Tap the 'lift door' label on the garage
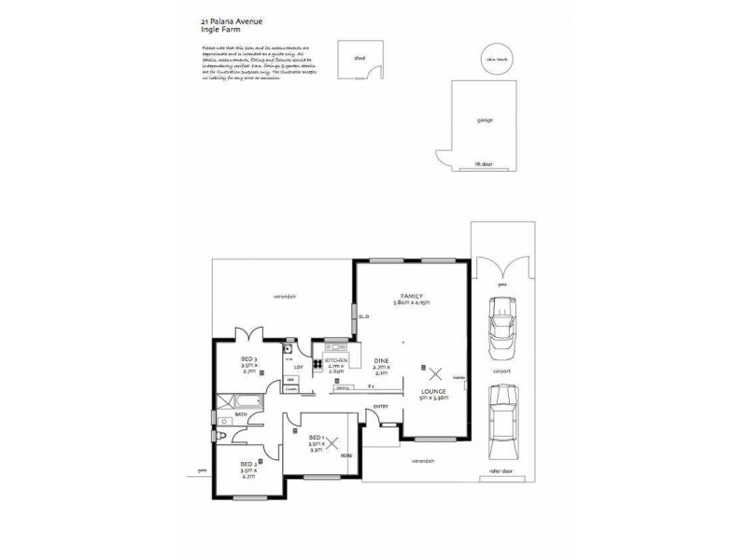point(483,164)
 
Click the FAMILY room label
point(412,295)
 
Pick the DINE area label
point(381,360)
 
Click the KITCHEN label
point(336,360)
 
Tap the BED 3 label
point(247,359)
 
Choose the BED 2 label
point(247,465)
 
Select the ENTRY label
point(380,406)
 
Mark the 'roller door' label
point(501,471)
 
